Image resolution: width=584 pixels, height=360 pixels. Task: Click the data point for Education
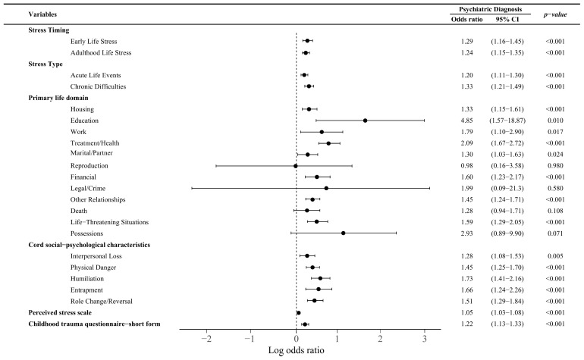[x=365, y=121]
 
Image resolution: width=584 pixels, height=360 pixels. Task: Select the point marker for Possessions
[x=343, y=233]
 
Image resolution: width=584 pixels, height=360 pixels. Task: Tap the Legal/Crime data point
[x=326, y=189]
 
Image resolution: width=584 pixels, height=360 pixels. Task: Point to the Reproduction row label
[x=89, y=166]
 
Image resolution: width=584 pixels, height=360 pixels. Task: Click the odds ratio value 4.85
[x=466, y=121]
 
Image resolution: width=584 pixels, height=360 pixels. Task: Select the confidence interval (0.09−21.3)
[x=507, y=189]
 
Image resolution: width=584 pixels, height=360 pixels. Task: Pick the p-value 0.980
[x=555, y=166]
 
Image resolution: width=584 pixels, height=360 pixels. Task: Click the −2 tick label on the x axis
[x=206, y=339]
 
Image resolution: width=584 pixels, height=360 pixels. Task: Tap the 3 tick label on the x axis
[x=424, y=339]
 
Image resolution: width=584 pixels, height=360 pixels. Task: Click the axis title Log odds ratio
[x=296, y=350]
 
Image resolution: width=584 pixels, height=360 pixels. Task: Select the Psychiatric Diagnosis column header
[x=490, y=9]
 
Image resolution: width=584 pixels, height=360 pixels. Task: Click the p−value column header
[x=555, y=14]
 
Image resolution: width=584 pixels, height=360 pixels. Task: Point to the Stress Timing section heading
[x=49, y=30]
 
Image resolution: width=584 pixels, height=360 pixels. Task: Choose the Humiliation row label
[x=87, y=279]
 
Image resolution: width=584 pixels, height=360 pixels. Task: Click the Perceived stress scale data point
[x=298, y=313]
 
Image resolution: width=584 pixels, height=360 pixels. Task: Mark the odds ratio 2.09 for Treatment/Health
[x=466, y=143]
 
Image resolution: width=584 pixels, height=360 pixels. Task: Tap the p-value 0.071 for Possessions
[x=555, y=233]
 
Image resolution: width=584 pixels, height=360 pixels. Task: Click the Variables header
[x=42, y=14]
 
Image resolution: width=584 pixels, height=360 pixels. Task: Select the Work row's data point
[x=322, y=132]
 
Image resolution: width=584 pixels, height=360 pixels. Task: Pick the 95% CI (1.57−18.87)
[x=507, y=121]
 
